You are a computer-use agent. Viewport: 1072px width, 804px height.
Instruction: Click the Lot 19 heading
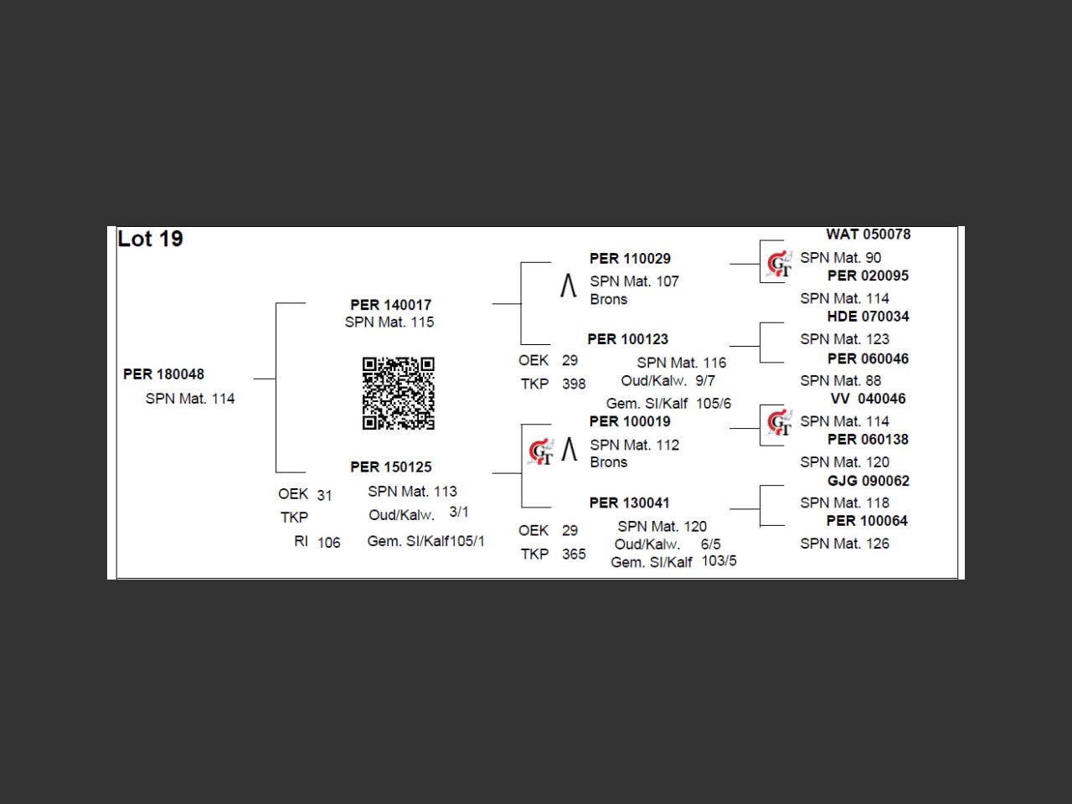[150, 240]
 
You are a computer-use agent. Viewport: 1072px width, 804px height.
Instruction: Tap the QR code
[398, 393]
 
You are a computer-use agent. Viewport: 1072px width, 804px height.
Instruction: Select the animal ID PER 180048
[163, 374]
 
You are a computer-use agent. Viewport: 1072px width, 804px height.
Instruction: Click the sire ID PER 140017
[390, 305]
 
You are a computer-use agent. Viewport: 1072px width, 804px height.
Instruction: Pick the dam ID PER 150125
[390, 467]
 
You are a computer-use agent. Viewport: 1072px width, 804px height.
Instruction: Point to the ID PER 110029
[630, 259]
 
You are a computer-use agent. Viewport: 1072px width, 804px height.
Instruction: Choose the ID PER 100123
[627, 339]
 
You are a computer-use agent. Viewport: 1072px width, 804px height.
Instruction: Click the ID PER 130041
[629, 502]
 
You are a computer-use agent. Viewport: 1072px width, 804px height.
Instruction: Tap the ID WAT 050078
[868, 234]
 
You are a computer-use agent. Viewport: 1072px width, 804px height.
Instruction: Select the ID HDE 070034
[868, 317]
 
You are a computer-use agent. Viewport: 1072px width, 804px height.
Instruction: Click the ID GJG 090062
[868, 481]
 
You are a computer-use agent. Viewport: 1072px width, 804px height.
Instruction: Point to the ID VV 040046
[868, 399]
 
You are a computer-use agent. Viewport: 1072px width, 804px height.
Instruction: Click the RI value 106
[329, 543]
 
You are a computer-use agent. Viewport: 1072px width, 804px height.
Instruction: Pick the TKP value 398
[574, 384]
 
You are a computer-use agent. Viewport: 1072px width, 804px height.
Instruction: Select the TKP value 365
[574, 554]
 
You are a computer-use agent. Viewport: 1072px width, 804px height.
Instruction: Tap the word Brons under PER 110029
[608, 300]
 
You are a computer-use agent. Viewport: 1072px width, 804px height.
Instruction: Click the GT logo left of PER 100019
[541, 451]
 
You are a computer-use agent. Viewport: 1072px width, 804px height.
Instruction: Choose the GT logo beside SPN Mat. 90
[779, 264]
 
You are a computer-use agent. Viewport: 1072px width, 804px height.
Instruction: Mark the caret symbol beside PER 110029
[568, 286]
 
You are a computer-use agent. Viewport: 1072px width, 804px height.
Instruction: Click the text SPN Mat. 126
[844, 544]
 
